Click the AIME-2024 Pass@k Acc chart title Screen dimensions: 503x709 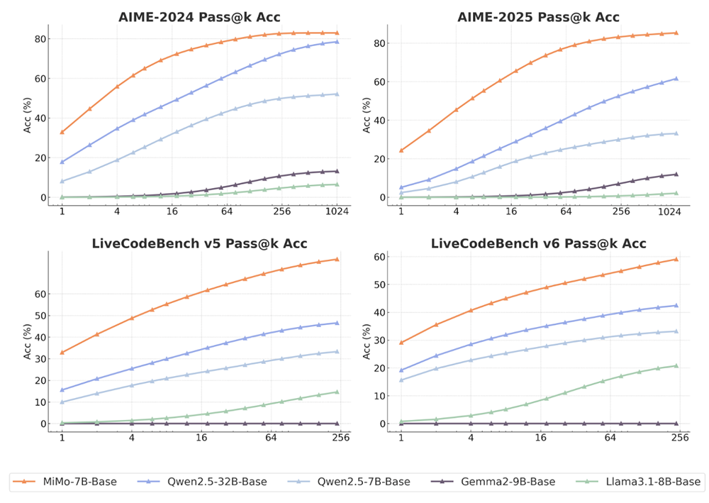pos(199,17)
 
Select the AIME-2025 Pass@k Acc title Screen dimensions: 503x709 pos(539,17)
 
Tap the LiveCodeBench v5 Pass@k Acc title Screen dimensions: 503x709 pos(199,243)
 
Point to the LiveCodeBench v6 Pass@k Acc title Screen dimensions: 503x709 pos(539,243)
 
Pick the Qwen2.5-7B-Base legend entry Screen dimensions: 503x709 pos(352,482)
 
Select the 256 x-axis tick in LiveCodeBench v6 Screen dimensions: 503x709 pos(680,438)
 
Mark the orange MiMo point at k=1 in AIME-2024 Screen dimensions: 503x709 pos(62,132)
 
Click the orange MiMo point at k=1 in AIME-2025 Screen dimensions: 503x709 pos(401,150)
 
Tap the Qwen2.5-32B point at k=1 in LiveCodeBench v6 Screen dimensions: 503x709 pos(401,370)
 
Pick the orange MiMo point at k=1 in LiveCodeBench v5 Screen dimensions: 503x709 pos(62,353)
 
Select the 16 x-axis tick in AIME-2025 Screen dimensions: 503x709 pos(511,211)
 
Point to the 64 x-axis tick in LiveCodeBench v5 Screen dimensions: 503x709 pos(271,438)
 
